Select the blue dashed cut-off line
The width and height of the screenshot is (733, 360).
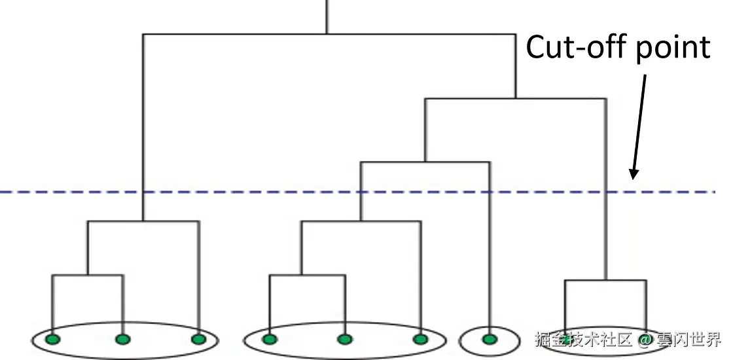coord(262,192)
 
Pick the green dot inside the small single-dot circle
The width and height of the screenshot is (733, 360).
coord(489,339)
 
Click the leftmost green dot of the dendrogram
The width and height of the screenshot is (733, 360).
coord(53,339)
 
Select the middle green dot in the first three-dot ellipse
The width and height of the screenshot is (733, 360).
coord(122,339)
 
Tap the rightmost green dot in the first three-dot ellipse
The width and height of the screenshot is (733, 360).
coord(198,339)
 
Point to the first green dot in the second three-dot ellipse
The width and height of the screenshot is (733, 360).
coord(270,339)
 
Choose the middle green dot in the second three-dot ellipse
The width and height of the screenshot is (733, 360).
coord(345,339)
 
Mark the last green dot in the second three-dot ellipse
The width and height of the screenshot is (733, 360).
coord(420,339)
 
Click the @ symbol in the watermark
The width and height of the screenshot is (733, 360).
coord(645,339)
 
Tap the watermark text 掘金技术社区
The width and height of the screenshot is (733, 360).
coord(584,339)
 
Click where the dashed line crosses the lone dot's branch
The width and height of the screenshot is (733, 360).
coord(489,192)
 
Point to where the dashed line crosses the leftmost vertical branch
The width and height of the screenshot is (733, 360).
coord(143,192)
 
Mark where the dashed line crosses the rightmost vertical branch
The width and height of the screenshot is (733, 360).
coord(605,192)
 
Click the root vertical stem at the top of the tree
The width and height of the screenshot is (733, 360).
coord(327,16)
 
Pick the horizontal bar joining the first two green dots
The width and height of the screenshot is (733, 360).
coord(88,276)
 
